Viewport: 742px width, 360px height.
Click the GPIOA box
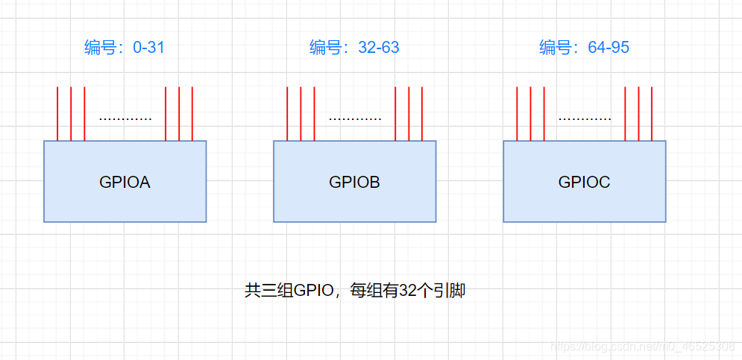coord(125,201)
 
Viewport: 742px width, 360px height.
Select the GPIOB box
coord(354,201)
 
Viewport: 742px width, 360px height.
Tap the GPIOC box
coord(584,201)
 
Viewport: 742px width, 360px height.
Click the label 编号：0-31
coord(124,48)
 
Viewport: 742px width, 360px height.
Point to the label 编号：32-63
coord(354,48)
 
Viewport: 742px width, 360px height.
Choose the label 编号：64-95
coord(584,48)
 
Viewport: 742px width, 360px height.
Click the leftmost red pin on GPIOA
coord(57,113)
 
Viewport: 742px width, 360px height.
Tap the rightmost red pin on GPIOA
coord(192,113)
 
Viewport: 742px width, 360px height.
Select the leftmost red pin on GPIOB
coord(287,113)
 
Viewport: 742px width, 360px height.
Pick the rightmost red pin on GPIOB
coord(422,113)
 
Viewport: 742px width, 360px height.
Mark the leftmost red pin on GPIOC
coord(517,113)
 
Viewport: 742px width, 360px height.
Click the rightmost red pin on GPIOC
coord(652,113)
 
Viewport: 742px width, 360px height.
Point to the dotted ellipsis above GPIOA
coord(125,119)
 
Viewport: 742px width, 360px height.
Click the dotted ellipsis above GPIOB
coord(355,119)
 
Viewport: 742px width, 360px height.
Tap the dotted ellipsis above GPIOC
coord(585,119)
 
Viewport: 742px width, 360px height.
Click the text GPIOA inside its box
coord(125,182)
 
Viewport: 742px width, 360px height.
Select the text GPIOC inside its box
coord(584,182)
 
